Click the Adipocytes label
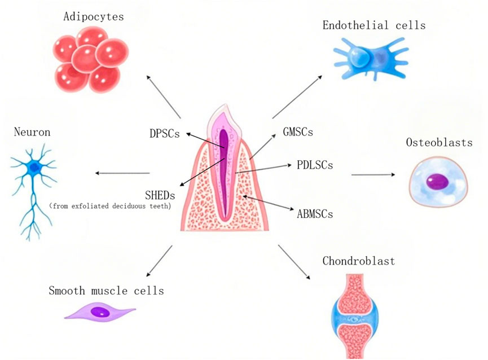point(94,17)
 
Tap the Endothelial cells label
point(374,25)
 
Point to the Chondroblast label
point(358,261)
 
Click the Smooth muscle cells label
point(106,291)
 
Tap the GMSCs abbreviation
point(297,133)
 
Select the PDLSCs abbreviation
point(314,165)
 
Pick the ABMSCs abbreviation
point(315,214)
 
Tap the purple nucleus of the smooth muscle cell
point(100,311)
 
